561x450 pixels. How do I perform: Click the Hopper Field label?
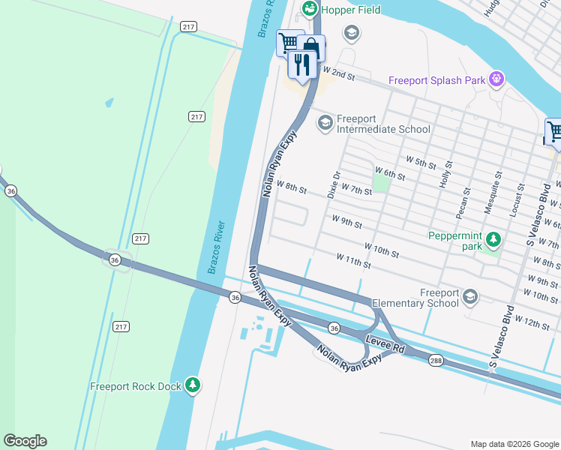[350, 10]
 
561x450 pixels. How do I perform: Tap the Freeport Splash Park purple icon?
[495, 79]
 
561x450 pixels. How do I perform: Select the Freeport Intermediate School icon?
[325, 122]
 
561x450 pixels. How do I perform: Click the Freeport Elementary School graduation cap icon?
[469, 297]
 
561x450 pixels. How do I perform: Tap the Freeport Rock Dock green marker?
[193, 385]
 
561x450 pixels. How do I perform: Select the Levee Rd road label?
[385, 346]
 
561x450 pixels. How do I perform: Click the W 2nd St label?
[337, 73]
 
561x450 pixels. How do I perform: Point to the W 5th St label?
[421, 161]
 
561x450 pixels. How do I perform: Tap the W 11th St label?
[354, 261]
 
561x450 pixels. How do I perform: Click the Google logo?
[25, 441]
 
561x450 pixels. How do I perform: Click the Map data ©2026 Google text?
[514, 444]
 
